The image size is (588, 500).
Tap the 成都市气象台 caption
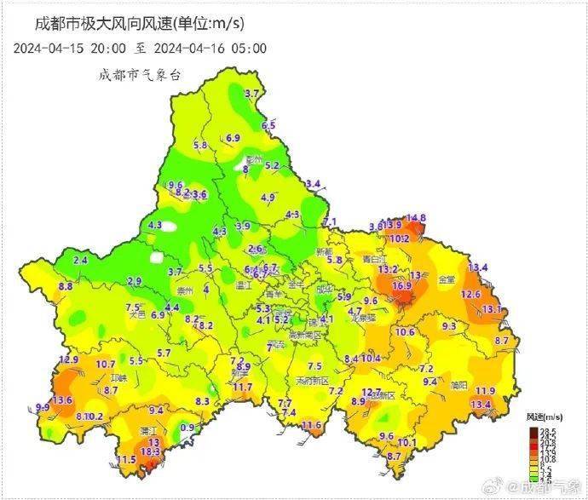point(140,75)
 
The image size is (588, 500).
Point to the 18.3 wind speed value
point(150,452)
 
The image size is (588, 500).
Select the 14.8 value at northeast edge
point(416,219)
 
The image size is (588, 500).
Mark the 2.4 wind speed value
point(81,260)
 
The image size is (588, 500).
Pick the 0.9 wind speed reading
point(187,428)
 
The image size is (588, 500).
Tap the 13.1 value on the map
point(493,308)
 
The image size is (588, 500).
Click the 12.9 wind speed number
point(70,360)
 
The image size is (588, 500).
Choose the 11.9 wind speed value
point(485,390)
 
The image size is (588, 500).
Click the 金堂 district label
point(447,279)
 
